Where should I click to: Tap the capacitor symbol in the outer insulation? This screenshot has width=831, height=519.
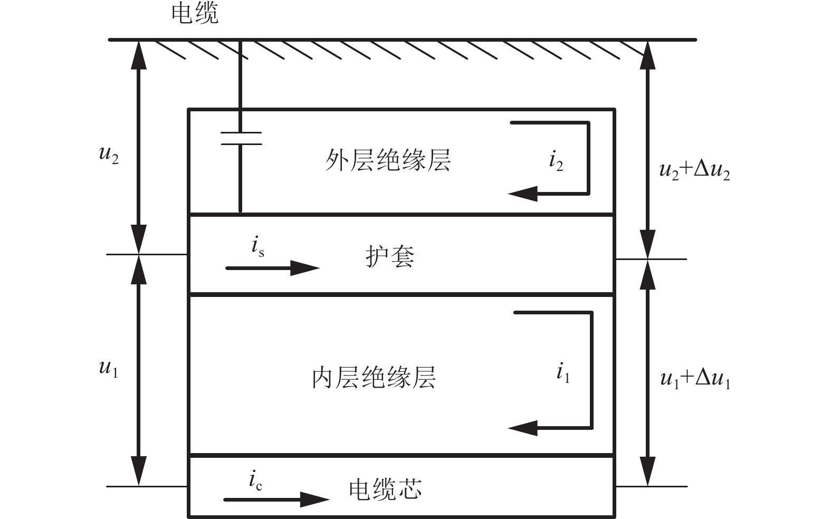click(x=241, y=138)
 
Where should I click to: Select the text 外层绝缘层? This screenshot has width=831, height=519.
click(x=388, y=160)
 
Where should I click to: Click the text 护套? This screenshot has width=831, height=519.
click(x=390, y=257)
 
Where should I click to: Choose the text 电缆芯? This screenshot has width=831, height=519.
click(x=385, y=489)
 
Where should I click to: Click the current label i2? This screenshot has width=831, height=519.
click(x=556, y=160)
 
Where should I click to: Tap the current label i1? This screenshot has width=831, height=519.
click(x=563, y=373)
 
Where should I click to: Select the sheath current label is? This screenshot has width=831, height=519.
click(x=257, y=246)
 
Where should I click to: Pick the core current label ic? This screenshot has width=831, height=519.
click(x=255, y=481)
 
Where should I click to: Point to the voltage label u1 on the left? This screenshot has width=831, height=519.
click(x=108, y=368)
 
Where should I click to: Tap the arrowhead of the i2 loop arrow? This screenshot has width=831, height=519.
click(x=523, y=194)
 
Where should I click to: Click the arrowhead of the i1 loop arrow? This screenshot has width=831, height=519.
click(x=523, y=428)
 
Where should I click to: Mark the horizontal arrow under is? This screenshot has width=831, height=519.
click(x=272, y=268)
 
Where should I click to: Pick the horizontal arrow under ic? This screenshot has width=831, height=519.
click(x=276, y=499)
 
